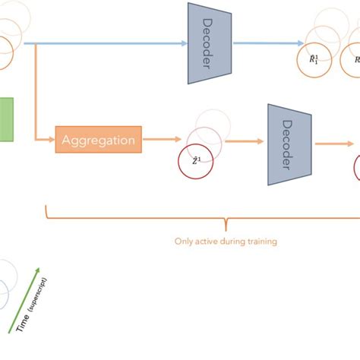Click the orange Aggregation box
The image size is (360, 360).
[98, 140]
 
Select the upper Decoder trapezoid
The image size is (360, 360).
[209, 43]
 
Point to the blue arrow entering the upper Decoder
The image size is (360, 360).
[106, 43]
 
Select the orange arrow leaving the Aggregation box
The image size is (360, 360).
[160, 140]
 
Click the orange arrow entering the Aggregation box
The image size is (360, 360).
[45, 140]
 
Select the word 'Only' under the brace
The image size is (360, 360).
[185, 242]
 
